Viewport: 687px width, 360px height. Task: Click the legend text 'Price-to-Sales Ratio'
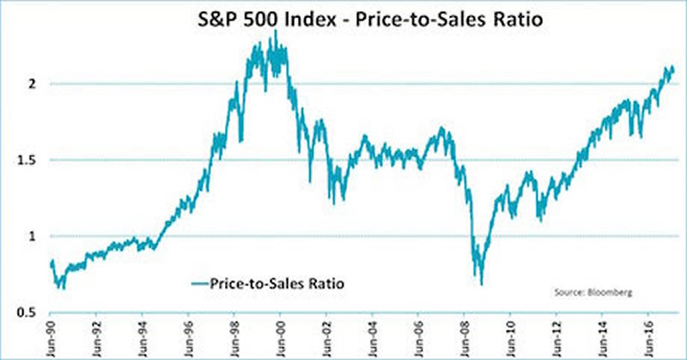tap(267, 281)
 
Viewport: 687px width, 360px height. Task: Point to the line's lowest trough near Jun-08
tap(482, 284)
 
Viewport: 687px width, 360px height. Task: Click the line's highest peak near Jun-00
tap(275, 31)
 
